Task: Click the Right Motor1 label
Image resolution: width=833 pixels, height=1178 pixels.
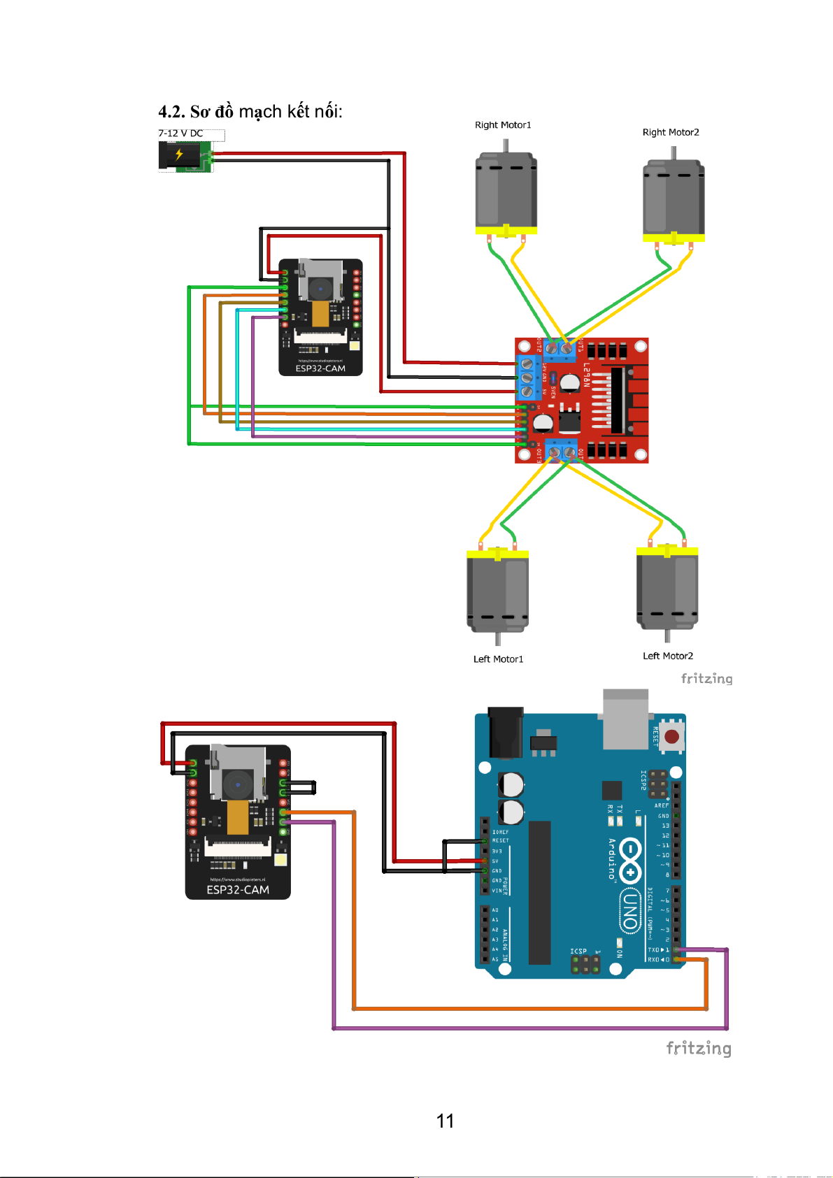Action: (503, 125)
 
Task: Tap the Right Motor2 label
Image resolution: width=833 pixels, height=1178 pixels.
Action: (671, 132)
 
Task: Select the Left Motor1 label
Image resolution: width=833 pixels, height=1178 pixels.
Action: (498, 659)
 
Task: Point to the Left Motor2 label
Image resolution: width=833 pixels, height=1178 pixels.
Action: (668, 656)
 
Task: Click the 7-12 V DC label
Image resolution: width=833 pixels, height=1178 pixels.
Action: (180, 133)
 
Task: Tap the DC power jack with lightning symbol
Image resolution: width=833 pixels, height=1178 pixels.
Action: (180, 155)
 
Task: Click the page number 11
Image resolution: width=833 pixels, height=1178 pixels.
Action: (445, 1121)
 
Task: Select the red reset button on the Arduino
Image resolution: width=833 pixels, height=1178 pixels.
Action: (671, 736)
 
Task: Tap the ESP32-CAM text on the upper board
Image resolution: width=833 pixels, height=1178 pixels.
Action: (320, 368)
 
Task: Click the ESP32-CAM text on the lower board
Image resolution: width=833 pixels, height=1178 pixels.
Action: (238, 890)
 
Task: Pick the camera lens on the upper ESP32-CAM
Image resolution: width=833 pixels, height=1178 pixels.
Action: (320, 287)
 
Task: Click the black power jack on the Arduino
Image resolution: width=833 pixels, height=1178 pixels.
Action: (506, 733)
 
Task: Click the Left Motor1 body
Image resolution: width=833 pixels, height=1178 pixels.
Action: (497, 591)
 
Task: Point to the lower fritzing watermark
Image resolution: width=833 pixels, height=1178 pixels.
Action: (698, 1048)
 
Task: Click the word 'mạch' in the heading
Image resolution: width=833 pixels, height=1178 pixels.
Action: (260, 112)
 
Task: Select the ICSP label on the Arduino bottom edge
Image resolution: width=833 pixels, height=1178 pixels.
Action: (578, 951)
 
